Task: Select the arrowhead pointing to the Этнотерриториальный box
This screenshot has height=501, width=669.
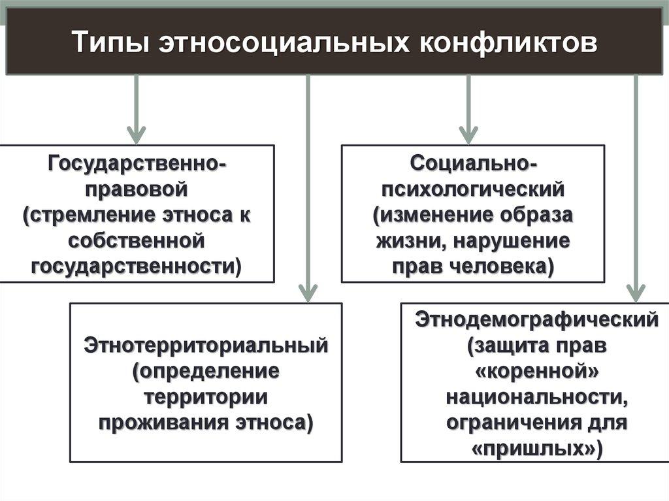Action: point(307,291)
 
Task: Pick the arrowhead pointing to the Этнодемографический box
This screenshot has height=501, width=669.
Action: point(635,291)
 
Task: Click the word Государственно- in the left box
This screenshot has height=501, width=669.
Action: point(137,163)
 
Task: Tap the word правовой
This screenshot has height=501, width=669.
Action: point(137,189)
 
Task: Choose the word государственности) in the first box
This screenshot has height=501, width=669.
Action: point(137,266)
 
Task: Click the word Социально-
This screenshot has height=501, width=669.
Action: point(474,163)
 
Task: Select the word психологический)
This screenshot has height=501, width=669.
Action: point(473,189)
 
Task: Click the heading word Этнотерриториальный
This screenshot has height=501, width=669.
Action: point(205,345)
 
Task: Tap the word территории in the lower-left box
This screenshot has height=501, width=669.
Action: point(206,396)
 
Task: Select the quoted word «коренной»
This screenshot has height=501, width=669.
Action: point(536,372)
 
